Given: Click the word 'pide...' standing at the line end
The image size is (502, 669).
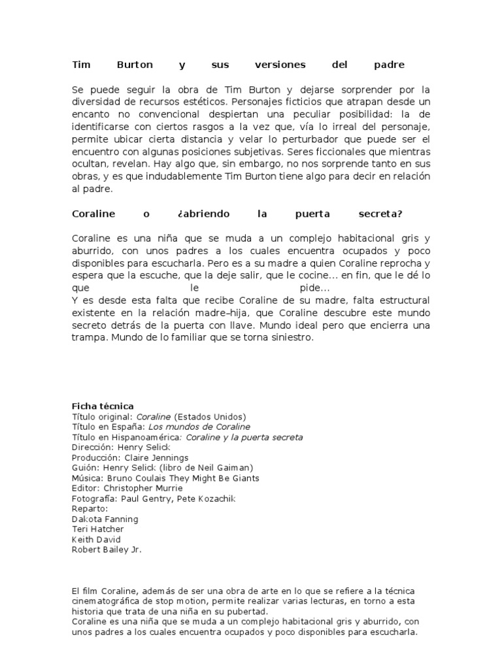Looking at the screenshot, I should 315,288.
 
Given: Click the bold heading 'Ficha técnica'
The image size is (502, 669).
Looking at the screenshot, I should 103,406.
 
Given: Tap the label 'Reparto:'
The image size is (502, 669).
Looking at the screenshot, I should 90,508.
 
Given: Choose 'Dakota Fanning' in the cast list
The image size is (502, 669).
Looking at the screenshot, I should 105,519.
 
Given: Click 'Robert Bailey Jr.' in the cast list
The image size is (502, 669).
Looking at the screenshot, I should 107,549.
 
